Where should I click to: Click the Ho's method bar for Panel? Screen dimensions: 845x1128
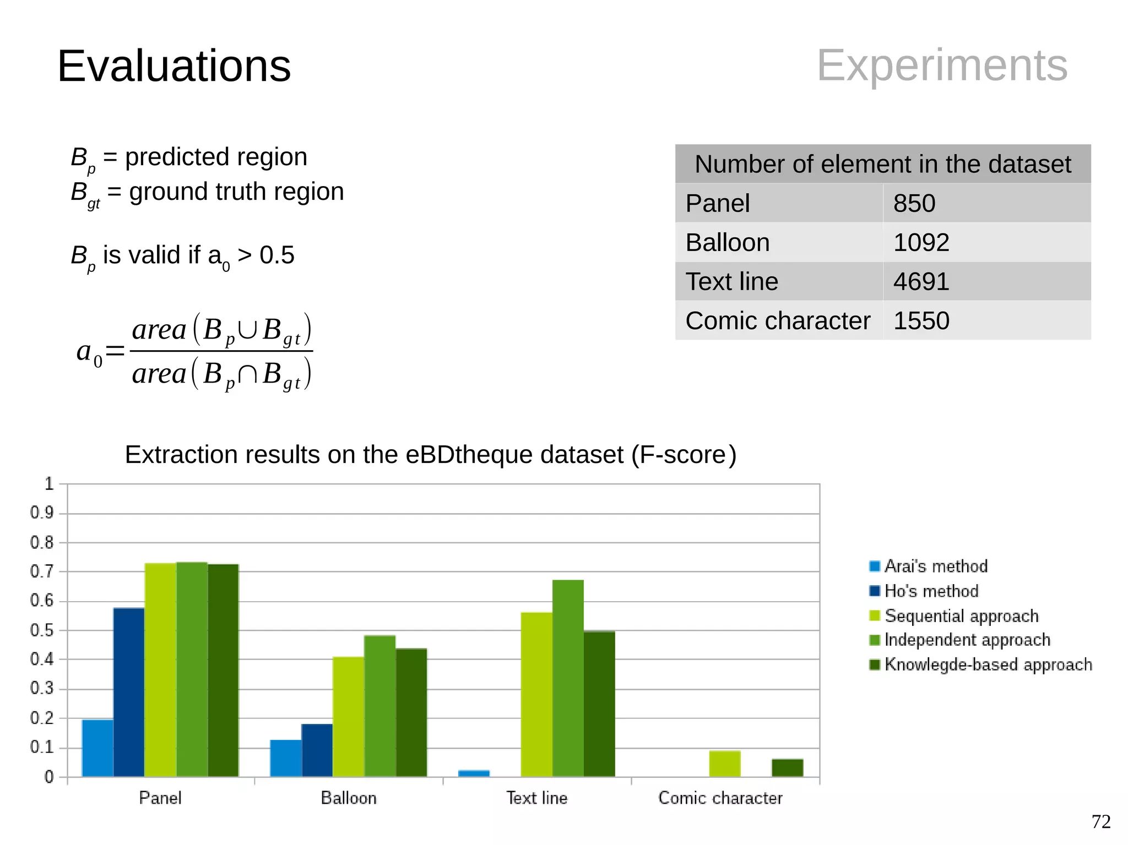click(x=129, y=692)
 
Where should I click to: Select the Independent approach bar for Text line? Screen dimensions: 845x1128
click(x=568, y=678)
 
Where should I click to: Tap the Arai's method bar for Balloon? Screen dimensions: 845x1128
click(x=285, y=758)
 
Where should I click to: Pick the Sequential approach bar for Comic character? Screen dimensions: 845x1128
click(x=724, y=764)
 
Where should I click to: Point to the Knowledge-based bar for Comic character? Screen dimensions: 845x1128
click(x=787, y=768)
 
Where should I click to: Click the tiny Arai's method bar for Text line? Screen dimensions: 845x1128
click(x=474, y=773)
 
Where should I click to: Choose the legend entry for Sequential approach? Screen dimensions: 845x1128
click(x=961, y=615)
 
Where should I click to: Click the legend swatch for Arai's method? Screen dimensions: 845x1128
click(x=874, y=566)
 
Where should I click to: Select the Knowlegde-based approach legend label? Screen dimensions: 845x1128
click(x=988, y=664)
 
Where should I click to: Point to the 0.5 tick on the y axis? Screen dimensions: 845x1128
click(x=42, y=630)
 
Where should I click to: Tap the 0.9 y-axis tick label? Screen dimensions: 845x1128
click(x=42, y=513)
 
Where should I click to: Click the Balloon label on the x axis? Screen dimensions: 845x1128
click(x=349, y=798)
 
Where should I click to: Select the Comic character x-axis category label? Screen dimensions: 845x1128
click(x=720, y=798)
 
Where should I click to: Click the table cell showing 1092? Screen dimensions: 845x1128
click(x=921, y=242)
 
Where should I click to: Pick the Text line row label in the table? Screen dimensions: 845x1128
click(x=731, y=281)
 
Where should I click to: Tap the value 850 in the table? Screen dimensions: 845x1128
click(x=914, y=203)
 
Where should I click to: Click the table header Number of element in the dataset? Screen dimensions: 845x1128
click(x=883, y=164)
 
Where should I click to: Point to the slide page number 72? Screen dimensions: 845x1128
click(x=1101, y=821)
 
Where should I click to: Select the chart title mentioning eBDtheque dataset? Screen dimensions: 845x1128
click(x=431, y=455)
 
